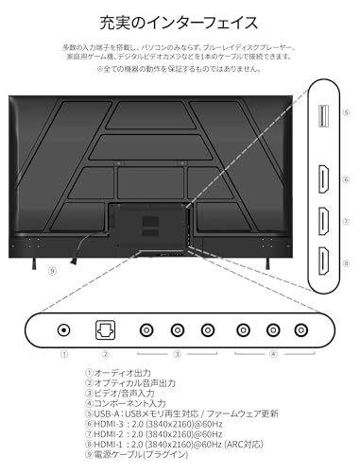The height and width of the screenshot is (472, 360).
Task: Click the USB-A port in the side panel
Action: tap(324, 116)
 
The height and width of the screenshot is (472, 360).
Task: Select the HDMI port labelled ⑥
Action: tap(324, 179)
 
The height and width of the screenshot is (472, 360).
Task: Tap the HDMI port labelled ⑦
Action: tap(324, 221)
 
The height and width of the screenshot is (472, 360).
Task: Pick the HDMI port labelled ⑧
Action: tap(324, 261)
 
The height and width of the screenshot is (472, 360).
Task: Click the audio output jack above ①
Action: tap(63, 330)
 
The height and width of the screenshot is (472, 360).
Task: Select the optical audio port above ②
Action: tap(105, 330)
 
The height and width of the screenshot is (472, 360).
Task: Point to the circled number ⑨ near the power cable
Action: tap(52, 271)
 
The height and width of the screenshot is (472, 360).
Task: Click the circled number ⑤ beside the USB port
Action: tap(346, 112)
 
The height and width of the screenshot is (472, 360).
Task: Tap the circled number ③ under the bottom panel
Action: tap(178, 354)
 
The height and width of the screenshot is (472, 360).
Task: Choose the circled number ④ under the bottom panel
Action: tap(273, 354)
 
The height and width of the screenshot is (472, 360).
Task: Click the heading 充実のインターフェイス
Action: tap(179, 23)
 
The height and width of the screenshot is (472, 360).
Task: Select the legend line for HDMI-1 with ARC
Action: tap(174, 445)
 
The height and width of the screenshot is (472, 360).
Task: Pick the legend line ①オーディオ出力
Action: tap(118, 373)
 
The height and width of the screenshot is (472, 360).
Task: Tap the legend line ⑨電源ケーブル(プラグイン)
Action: tap(136, 454)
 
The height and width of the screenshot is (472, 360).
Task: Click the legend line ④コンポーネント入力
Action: tap(126, 403)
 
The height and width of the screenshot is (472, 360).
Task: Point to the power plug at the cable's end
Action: tap(74, 261)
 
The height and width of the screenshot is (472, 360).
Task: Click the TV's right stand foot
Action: tap(267, 263)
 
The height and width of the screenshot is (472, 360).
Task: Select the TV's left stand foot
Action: tap(34, 263)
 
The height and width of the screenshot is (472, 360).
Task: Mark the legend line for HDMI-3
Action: tap(154, 424)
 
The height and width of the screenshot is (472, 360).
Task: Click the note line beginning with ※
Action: tap(179, 69)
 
